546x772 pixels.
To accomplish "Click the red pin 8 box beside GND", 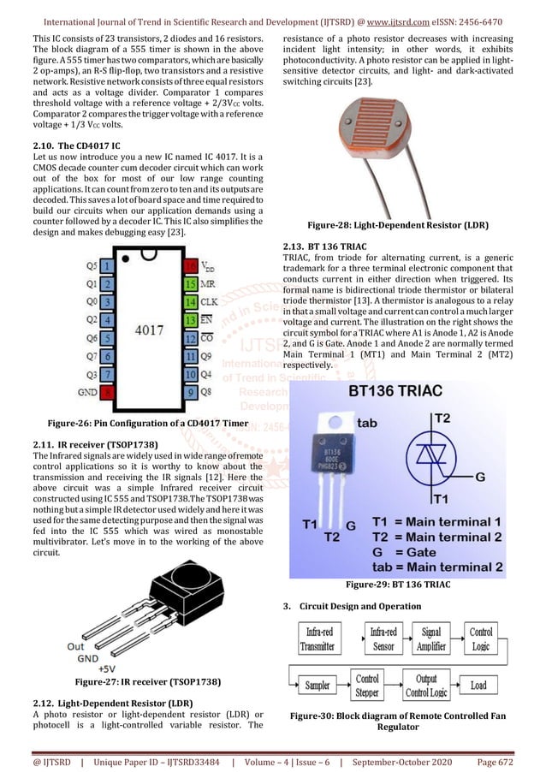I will coord(107,392).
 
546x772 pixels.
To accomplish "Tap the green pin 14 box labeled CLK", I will coord(191,302).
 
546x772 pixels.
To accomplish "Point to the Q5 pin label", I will coord(91,265).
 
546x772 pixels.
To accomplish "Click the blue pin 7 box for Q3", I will coord(107,374).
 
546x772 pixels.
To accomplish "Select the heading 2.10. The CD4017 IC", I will coord(76,146).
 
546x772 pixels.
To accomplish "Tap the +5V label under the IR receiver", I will coord(107,668).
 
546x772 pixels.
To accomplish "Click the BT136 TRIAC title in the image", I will coord(407,391).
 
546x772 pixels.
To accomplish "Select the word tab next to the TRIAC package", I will coord(366,423).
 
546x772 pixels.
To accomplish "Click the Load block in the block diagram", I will coord(478,685).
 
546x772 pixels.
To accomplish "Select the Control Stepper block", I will coord(367,685).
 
